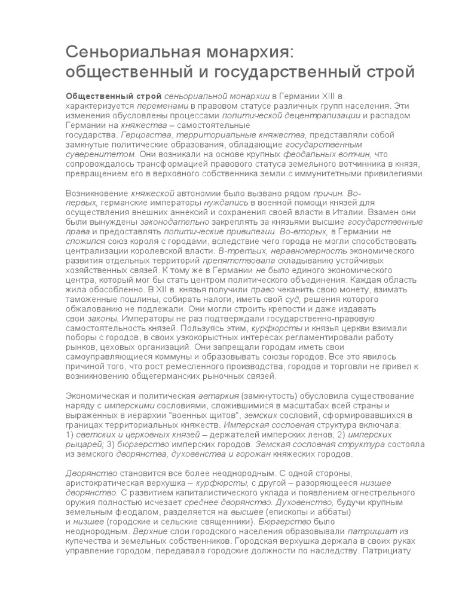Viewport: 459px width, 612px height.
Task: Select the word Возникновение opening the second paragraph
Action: click(x=97, y=194)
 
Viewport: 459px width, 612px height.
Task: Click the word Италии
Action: click(x=353, y=213)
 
